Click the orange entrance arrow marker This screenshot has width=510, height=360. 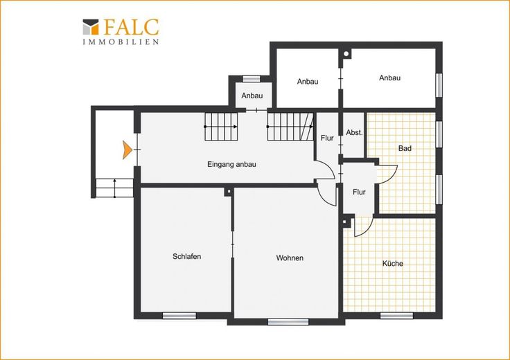point(127,150)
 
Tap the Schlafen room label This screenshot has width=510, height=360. point(186,256)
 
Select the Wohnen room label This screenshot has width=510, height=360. point(290,258)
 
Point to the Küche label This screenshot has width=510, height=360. point(393,263)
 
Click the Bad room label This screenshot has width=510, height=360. point(405,148)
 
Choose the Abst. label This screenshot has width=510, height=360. point(354,132)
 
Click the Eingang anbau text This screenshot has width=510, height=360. point(231,164)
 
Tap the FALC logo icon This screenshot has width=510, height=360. point(91,27)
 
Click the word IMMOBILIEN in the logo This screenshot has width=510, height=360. point(121,42)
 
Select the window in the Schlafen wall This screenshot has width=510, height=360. point(179,316)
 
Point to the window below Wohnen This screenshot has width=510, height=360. point(288,322)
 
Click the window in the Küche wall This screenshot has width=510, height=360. point(396,316)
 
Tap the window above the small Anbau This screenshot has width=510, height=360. point(252,79)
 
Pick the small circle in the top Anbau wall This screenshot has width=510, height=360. point(346,54)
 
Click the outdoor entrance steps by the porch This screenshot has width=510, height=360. point(114,188)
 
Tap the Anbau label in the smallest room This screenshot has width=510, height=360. point(252,96)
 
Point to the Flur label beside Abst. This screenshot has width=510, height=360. point(327,138)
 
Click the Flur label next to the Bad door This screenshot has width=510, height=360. point(359,192)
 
